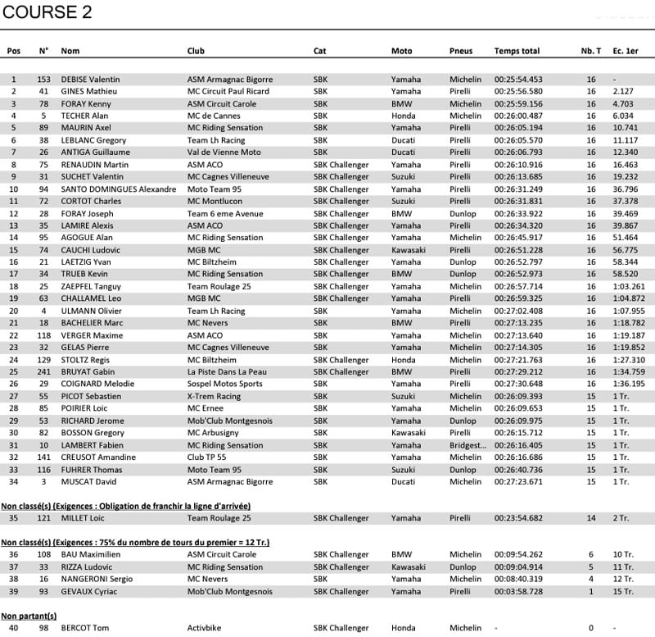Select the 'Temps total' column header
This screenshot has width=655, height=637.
[x=517, y=51]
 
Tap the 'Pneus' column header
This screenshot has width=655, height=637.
[x=461, y=51]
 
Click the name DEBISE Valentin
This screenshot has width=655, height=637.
[x=92, y=80]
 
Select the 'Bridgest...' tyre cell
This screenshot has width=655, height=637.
[x=469, y=445]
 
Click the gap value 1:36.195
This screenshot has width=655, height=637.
[x=628, y=384]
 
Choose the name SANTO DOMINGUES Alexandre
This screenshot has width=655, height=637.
[x=118, y=189]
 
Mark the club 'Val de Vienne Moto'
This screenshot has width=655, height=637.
[x=224, y=152]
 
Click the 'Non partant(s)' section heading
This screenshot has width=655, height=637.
[x=29, y=616]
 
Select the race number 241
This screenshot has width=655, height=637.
[x=44, y=371]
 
